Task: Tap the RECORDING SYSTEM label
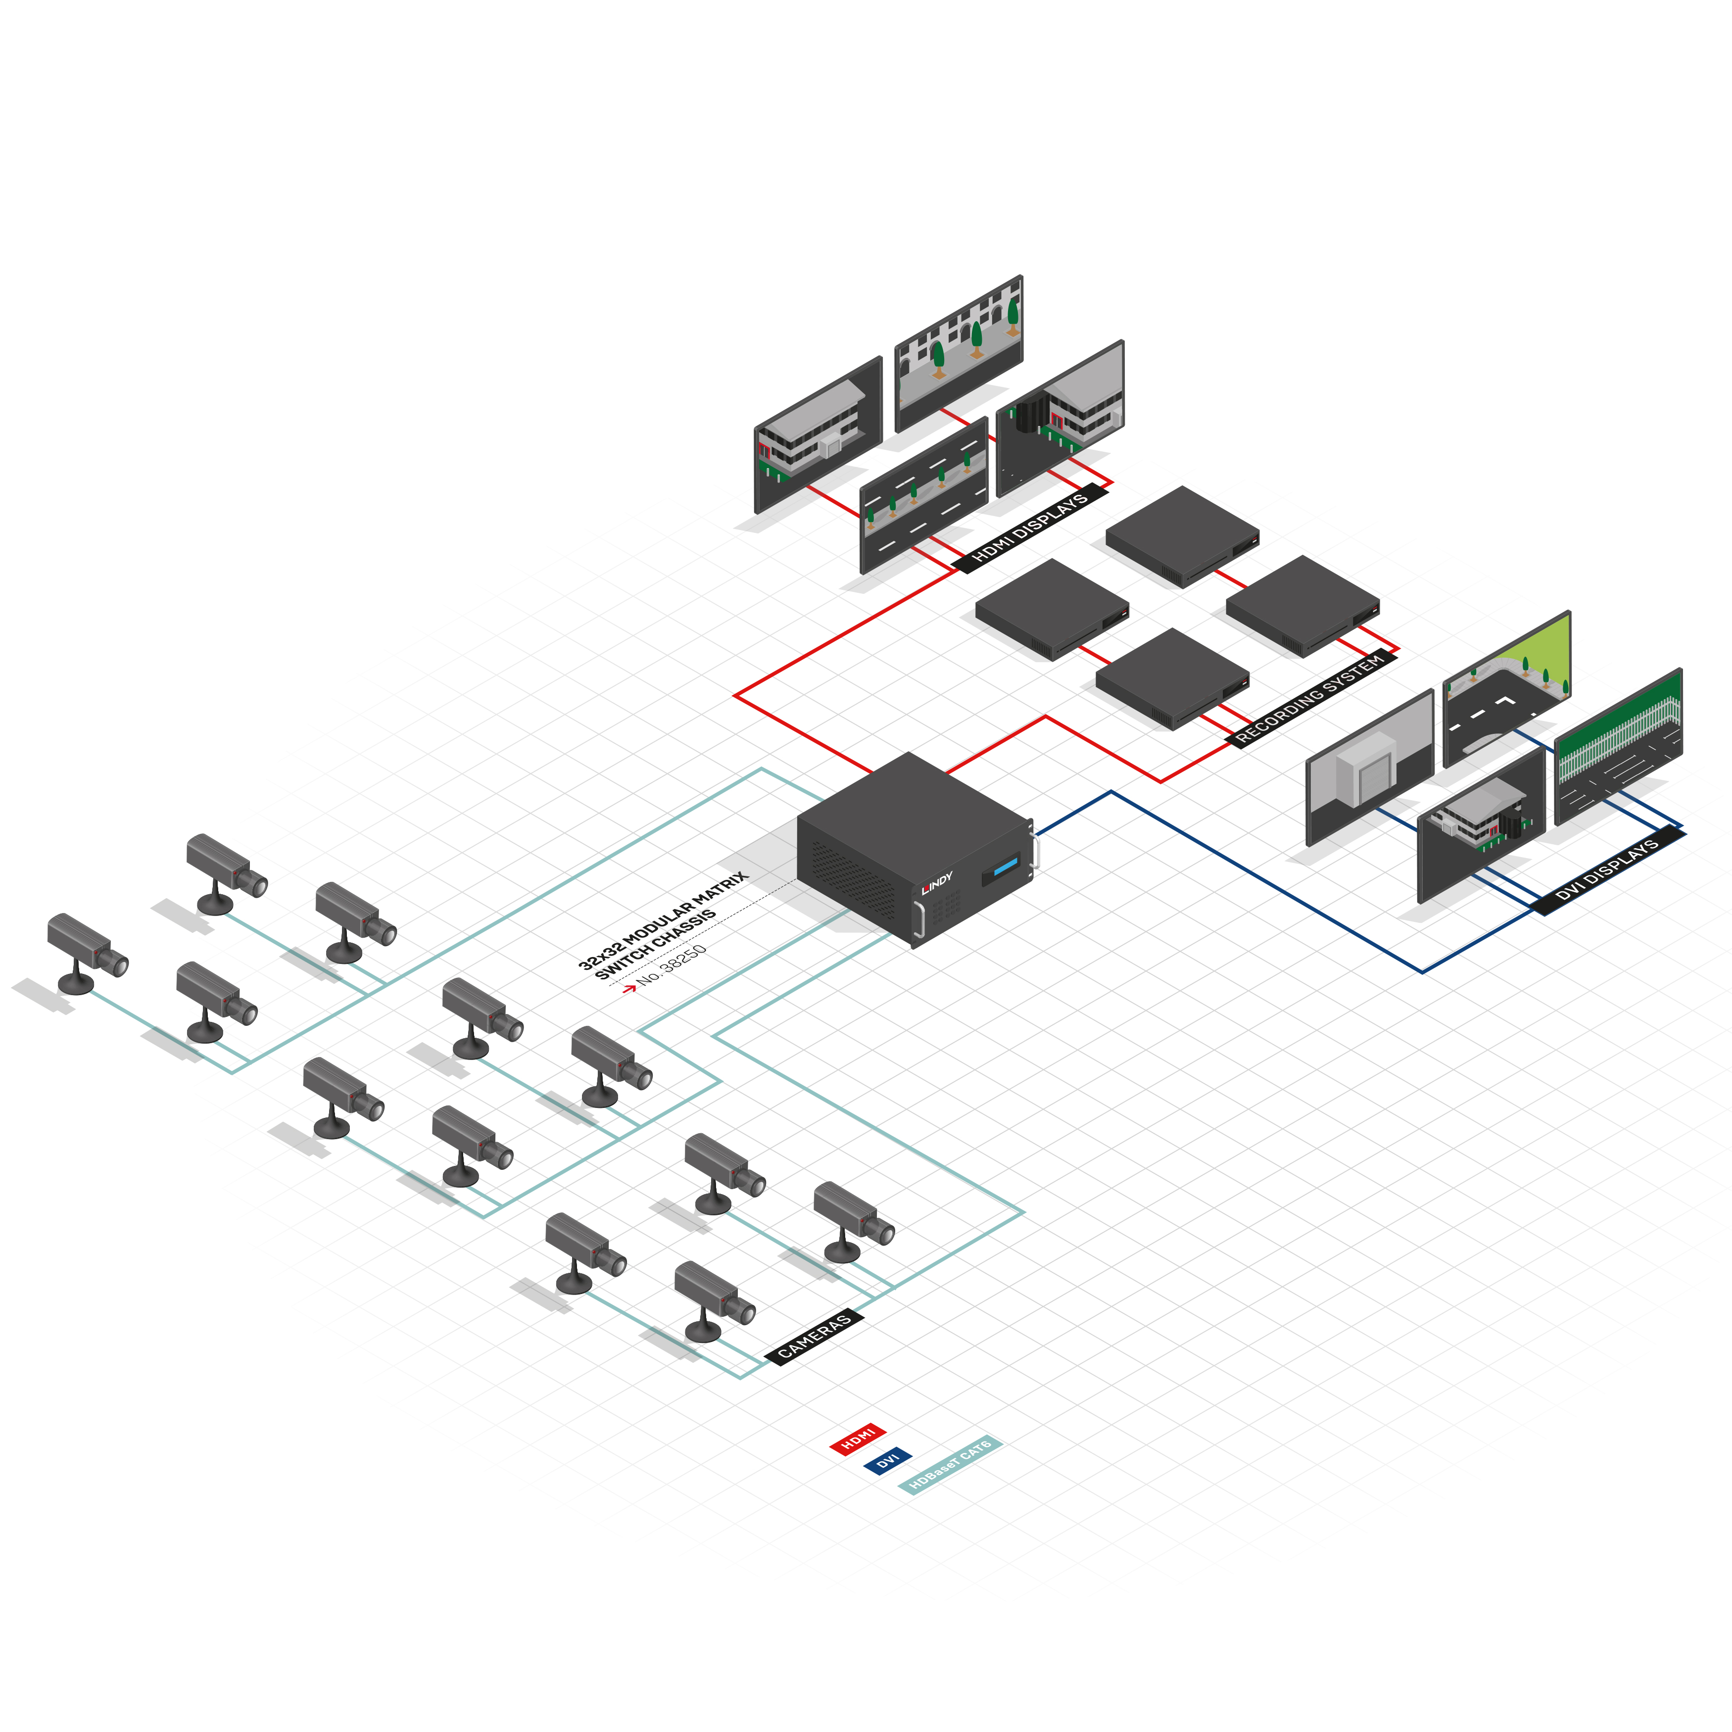(1311, 699)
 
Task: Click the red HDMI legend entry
(858, 1439)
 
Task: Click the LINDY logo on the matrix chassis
(937, 883)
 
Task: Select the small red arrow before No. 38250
(629, 987)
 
